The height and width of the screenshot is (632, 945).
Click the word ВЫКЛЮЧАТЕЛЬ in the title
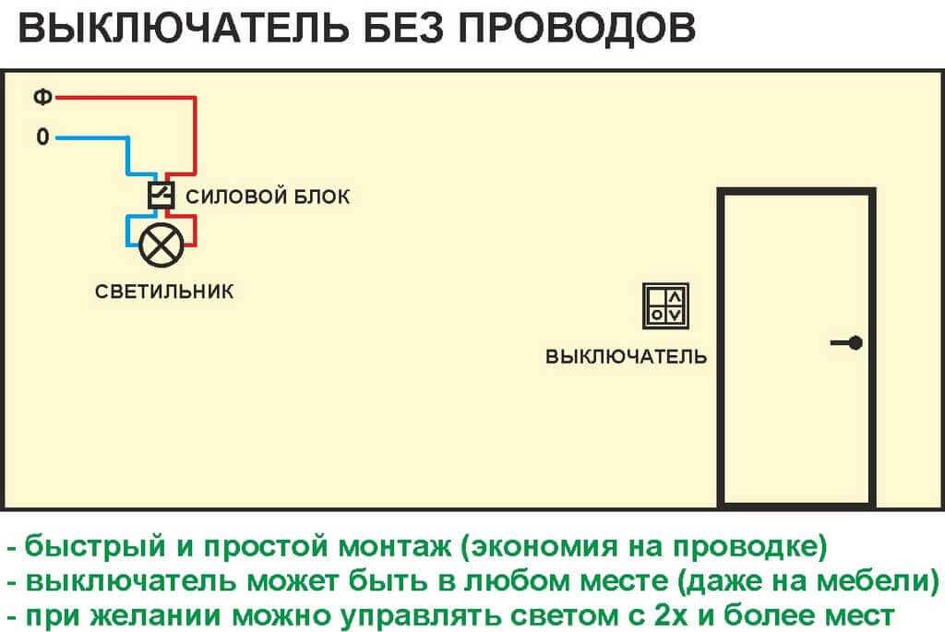click(184, 28)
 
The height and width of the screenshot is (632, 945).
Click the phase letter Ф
click(42, 96)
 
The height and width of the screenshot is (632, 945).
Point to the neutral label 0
click(42, 137)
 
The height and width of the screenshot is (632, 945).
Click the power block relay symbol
click(161, 196)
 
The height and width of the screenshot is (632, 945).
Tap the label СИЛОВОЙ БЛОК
click(268, 197)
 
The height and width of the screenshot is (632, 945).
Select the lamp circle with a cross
click(161, 244)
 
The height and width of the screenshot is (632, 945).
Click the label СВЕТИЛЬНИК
click(164, 292)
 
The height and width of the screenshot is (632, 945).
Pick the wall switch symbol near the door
click(665, 306)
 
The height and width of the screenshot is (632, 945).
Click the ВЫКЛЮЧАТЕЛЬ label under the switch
click(626, 357)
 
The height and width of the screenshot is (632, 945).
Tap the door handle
click(847, 343)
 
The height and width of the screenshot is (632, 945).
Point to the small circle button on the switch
click(657, 315)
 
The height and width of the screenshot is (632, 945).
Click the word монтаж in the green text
click(395, 547)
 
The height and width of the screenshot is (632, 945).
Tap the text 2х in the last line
click(670, 615)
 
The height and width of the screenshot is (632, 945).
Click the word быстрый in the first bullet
click(95, 547)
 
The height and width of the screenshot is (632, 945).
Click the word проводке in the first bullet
click(745, 547)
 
